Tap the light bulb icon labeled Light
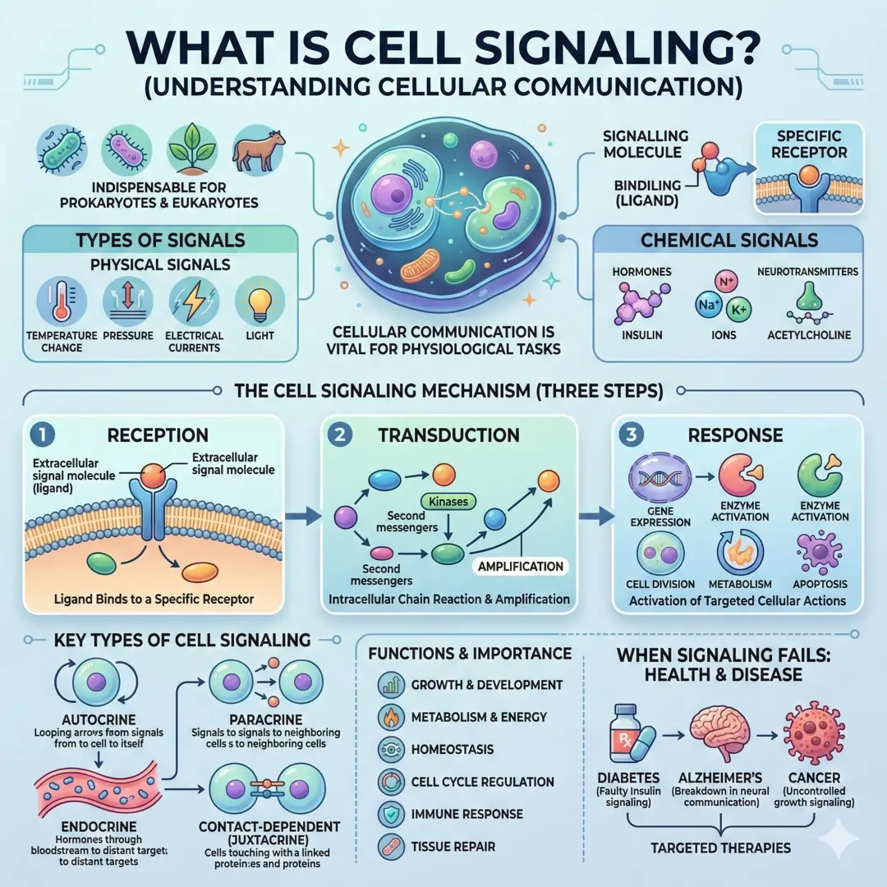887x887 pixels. [260, 301]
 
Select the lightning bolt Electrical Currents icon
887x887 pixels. [193, 301]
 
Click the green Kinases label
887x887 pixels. [448, 500]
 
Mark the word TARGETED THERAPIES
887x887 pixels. [720, 848]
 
